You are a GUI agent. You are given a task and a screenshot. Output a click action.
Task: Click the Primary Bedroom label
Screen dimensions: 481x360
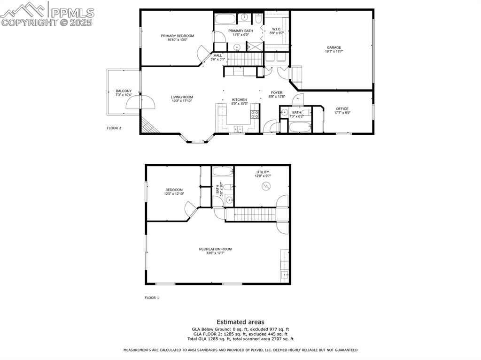(x=177, y=36)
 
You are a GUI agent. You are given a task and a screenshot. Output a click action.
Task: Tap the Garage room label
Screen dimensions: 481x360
(x=334, y=47)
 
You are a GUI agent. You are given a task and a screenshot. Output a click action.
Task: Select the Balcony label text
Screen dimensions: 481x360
(x=124, y=91)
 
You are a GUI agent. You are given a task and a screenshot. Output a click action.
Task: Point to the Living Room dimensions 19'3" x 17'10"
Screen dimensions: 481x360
(x=182, y=101)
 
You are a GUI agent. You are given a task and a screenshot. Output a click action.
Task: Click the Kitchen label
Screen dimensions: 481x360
(x=239, y=100)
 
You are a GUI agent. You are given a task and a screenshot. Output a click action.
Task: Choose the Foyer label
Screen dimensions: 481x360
(x=277, y=92)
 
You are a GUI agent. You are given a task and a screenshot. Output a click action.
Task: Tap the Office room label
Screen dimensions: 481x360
(x=342, y=109)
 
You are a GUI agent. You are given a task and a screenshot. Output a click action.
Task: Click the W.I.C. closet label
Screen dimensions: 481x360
(x=276, y=29)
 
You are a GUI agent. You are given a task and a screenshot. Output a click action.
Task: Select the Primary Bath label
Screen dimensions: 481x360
(x=240, y=31)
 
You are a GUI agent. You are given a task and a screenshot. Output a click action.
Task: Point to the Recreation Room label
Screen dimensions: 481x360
(x=215, y=249)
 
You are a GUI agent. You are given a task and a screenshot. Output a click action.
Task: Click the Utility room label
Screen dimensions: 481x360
(x=263, y=172)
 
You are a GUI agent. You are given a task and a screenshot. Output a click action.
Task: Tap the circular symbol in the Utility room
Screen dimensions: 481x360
(x=266, y=186)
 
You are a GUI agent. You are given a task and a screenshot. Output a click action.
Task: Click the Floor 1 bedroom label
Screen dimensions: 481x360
(x=174, y=190)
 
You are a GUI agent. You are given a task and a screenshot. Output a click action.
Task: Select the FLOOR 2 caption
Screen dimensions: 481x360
(x=114, y=128)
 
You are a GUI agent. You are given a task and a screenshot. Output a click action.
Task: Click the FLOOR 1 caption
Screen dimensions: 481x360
(x=152, y=298)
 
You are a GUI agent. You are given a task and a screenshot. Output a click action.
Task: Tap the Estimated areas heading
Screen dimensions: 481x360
(x=240, y=322)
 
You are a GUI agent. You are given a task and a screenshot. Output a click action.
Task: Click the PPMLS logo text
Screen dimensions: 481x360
(x=72, y=13)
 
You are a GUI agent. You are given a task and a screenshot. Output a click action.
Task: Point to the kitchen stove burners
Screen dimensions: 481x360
(x=255, y=115)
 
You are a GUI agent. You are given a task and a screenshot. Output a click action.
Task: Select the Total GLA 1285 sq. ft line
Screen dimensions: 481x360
(x=240, y=339)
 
